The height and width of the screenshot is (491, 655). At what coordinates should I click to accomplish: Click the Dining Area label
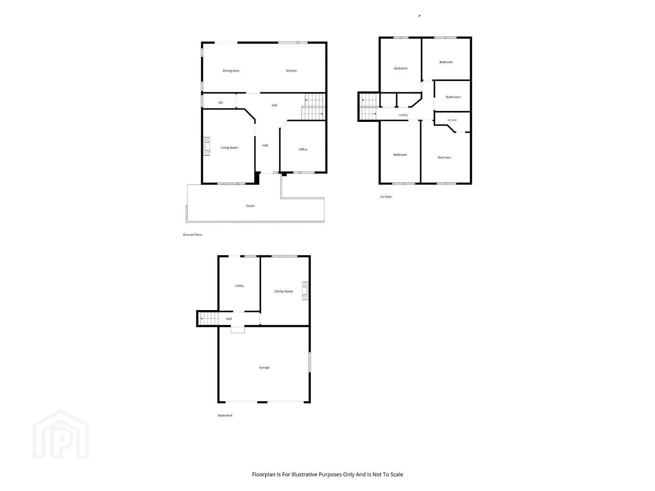coord(231,70)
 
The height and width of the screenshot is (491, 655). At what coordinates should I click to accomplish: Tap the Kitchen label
coord(291,70)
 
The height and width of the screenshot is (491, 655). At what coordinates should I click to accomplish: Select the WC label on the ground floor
coord(221,103)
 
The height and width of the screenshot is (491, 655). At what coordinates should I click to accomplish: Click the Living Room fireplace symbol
coord(207,146)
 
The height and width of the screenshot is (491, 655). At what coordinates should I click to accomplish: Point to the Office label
coord(303,150)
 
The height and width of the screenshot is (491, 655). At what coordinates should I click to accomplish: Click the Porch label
coord(250,205)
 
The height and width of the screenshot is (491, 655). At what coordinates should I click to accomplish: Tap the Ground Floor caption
coord(192,235)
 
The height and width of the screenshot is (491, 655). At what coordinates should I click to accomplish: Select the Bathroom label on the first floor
coord(453,97)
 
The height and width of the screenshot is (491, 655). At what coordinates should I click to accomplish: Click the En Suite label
coord(452,120)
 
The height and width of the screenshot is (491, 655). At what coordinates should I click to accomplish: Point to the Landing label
coord(403,115)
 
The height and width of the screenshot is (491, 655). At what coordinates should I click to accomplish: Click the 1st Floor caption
coord(386,197)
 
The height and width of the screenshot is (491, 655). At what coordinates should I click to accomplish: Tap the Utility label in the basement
coord(239,286)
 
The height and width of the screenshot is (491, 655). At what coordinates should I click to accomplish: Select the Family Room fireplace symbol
coord(305,291)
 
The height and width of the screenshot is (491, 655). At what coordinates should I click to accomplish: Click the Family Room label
coord(283,291)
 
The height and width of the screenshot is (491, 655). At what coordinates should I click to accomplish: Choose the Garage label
coord(264,367)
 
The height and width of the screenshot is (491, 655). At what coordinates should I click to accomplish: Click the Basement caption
coord(225,415)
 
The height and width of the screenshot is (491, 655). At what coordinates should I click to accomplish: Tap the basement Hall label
coord(229,319)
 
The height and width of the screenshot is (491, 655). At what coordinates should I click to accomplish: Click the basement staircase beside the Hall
coord(209,319)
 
